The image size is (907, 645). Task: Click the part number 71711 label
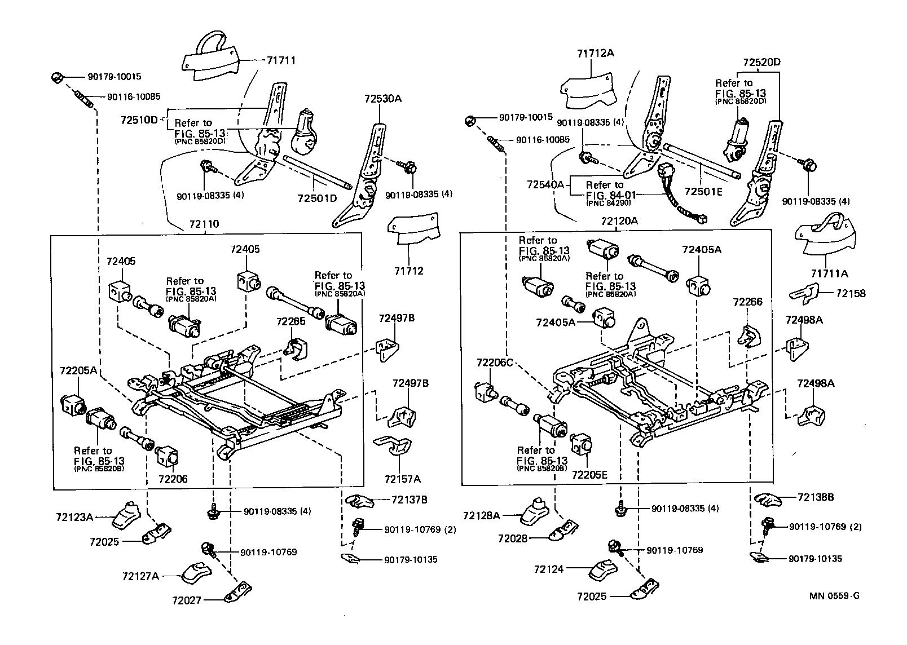tap(281, 60)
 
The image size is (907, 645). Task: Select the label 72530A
tap(382, 99)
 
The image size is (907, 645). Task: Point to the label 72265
tap(291, 321)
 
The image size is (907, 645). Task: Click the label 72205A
tap(78, 370)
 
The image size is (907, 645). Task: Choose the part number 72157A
tap(402, 479)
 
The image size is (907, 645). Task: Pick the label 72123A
tap(74, 516)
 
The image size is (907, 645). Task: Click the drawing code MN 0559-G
tap(834, 595)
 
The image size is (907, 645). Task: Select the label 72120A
tap(619, 221)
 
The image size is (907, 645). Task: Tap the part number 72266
tap(747, 302)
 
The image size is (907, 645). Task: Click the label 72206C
tap(494, 363)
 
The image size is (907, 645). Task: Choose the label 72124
tap(548, 569)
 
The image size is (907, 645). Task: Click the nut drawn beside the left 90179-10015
tap(56, 77)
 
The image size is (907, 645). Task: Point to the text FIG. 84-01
tap(611, 195)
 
